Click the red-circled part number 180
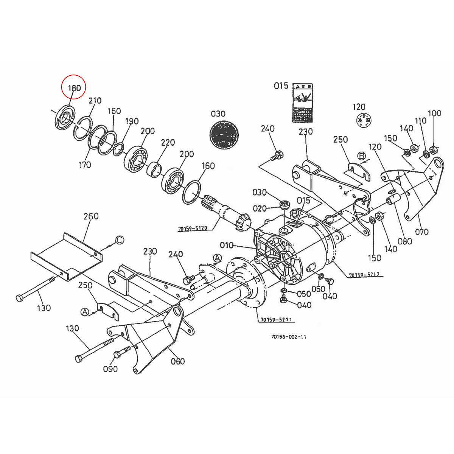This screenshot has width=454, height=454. (74, 88)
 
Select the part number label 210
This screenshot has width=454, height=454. (95, 100)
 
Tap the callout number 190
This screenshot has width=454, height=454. (132, 121)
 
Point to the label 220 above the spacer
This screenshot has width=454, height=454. (168, 143)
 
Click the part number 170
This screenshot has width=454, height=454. (85, 165)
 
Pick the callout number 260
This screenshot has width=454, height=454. (91, 216)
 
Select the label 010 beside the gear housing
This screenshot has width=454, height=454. (227, 245)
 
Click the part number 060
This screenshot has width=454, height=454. (177, 361)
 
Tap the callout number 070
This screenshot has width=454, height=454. (422, 232)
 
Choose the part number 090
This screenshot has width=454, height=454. (110, 369)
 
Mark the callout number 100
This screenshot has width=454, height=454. (434, 113)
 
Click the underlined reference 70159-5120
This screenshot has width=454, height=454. (193, 229)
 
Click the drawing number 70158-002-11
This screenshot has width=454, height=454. (289, 337)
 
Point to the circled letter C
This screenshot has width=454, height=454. (119, 239)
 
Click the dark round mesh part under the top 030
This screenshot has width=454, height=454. (225, 134)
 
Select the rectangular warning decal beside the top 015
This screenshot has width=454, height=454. (303, 103)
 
